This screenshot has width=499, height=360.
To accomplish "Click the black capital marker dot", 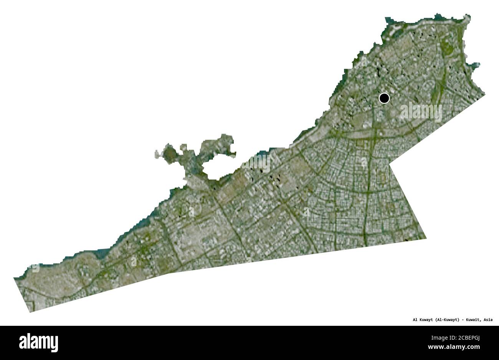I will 384,98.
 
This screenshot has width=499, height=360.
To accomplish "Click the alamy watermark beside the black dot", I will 421,111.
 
